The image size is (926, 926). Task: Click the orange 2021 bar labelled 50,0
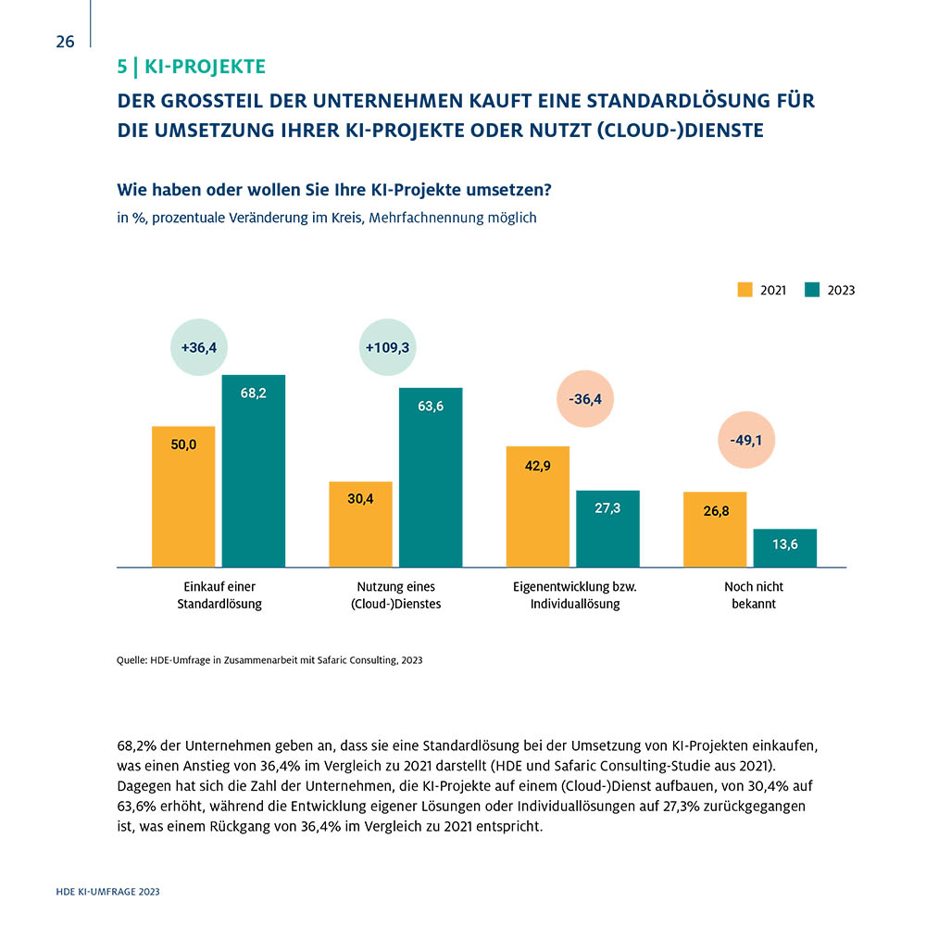click(x=183, y=496)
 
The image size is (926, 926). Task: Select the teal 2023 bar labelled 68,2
click(x=254, y=470)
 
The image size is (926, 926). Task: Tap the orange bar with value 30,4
click(x=360, y=524)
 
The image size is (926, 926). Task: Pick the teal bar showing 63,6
click(x=431, y=477)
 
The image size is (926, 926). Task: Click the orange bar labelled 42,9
click(x=537, y=507)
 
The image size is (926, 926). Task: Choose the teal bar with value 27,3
click(x=607, y=529)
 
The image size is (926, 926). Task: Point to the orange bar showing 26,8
click(x=715, y=530)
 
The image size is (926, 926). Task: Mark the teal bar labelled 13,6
click(x=785, y=548)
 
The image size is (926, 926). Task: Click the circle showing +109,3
click(x=387, y=347)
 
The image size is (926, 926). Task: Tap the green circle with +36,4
click(x=199, y=347)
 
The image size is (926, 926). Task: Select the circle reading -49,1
click(x=746, y=440)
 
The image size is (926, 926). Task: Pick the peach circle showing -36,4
click(x=585, y=399)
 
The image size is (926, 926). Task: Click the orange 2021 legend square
click(x=745, y=289)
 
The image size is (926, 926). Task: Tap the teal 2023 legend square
click(x=812, y=289)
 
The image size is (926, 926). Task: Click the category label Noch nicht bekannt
click(x=754, y=594)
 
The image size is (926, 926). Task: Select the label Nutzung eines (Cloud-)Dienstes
click(x=395, y=594)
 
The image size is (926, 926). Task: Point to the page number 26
click(x=65, y=42)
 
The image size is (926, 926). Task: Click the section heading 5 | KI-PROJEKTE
click(x=192, y=67)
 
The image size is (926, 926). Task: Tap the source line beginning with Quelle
click(x=269, y=660)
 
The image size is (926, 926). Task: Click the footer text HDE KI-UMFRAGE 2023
click(x=108, y=892)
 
